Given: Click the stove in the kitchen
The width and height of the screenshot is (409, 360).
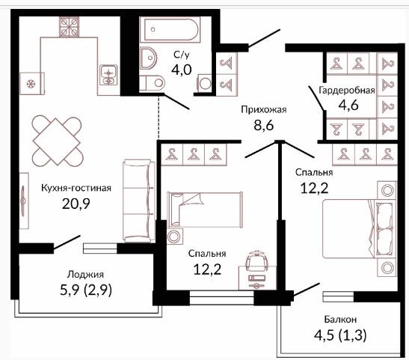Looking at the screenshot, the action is pos(69,27).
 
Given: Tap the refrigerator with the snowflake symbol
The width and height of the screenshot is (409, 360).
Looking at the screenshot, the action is pos(32,84).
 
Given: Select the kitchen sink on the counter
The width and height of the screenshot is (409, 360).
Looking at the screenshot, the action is pos(108,75).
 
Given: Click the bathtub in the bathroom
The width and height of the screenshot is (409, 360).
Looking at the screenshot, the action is pos(170,29).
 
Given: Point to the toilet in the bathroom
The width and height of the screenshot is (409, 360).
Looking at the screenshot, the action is pos(152,83).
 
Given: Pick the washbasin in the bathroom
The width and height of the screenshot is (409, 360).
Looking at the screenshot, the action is pos(148,58).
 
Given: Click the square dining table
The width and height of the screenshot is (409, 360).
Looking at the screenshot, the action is pos(57,141).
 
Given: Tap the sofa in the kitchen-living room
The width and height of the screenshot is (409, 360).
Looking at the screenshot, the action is pos(139,201).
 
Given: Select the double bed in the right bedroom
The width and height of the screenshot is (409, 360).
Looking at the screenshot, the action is pos(358,229).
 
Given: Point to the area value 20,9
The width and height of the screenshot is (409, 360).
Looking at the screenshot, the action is pos(76,204).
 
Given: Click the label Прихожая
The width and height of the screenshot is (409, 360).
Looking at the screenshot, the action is pos(264,109).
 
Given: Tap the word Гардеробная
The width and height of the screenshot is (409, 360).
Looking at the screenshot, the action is pos(347,91).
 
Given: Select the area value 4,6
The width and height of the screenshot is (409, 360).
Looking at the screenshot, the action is pos(348,105).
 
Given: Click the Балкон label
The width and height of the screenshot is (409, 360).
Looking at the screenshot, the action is pos(340,320).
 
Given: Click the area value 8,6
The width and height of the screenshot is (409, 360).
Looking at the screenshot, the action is pos(264,125).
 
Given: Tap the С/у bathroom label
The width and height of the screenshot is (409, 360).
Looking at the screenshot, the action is pos(182,55).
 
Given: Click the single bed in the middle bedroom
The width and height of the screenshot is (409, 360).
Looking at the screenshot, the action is pos(205,210).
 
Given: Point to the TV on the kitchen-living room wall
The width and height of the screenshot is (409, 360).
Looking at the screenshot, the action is pos(24,201).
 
